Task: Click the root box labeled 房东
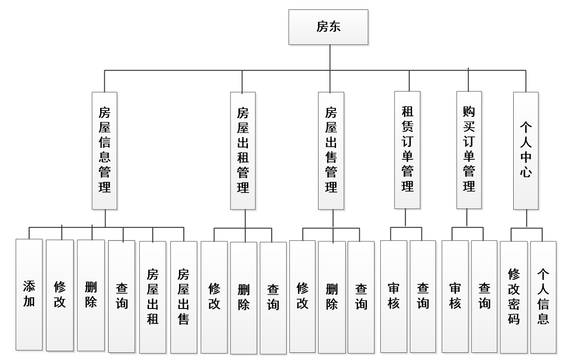tap(328, 27)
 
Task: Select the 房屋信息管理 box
tap(104, 151)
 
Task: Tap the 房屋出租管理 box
tap(243, 151)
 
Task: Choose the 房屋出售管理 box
tap(331, 151)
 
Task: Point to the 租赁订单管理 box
tap(407, 150)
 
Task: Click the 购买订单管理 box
tap(469, 150)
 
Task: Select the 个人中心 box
tap(526, 151)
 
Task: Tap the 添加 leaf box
tap(29, 295)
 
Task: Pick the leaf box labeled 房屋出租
tap(153, 297)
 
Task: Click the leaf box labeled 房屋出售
tap(184, 297)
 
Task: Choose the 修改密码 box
tap(514, 297)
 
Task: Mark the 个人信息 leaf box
tap(543, 297)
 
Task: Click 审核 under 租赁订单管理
tap(394, 296)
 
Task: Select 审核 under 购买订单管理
tap(455, 296)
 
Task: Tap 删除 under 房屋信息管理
tap(91, 295)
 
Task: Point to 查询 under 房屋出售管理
tap(361, 297)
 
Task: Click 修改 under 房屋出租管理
tap(214, 297)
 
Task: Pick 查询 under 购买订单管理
tap(484, 296)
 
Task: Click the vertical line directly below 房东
tap(330, 69)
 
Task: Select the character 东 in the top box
tap(335, 27)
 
